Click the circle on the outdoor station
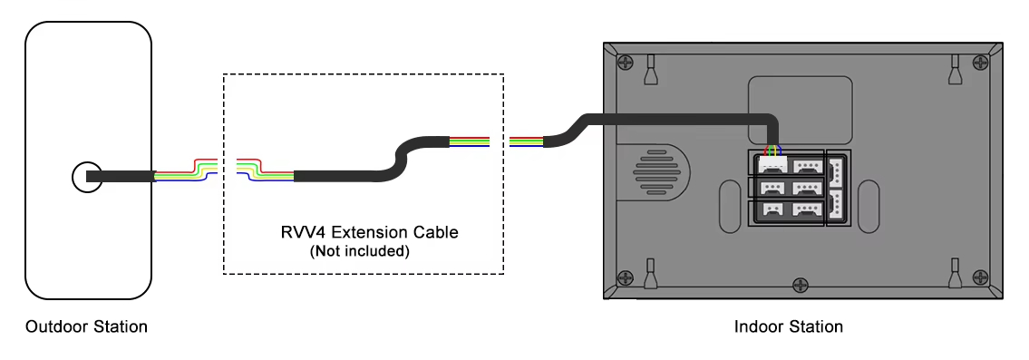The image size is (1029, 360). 86,177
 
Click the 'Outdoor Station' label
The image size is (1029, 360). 86,326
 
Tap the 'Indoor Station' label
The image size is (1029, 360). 788,326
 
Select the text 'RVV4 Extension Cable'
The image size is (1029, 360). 369,232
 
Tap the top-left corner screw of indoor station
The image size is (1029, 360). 625,63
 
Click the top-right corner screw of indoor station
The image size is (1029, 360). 979,63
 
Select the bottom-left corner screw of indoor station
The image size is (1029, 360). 625,278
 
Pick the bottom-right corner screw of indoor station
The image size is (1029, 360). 979,278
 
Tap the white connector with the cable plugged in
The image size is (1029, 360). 772,166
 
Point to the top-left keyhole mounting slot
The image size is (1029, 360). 650,68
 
